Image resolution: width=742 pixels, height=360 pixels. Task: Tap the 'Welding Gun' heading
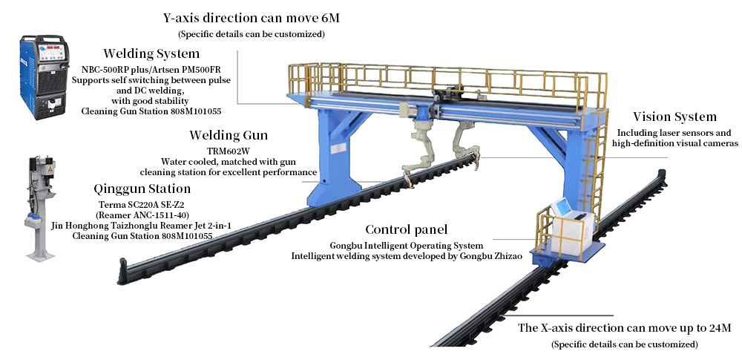pyautogui.click(x=229, y=136)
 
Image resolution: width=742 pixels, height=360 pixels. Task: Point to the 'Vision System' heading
pyautogui.click(x=674, y=117)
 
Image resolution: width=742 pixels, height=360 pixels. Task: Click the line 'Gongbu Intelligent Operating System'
pyautogui.click(x=407, y=246)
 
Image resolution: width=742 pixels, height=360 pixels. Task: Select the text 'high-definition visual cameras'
pyautogui.click(x=674, y=143)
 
